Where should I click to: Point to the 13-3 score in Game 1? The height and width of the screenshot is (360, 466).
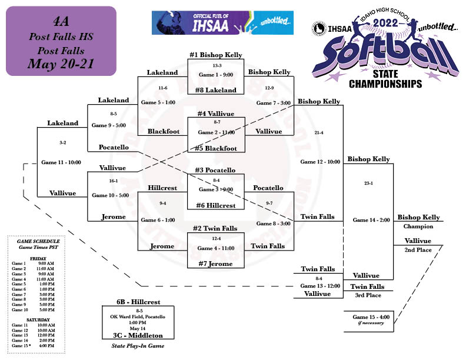[217, 65]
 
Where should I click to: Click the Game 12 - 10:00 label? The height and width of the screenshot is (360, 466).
[320, 161]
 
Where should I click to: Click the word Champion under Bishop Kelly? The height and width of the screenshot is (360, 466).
[418, 226]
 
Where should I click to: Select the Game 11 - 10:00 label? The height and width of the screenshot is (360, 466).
[61, 162]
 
